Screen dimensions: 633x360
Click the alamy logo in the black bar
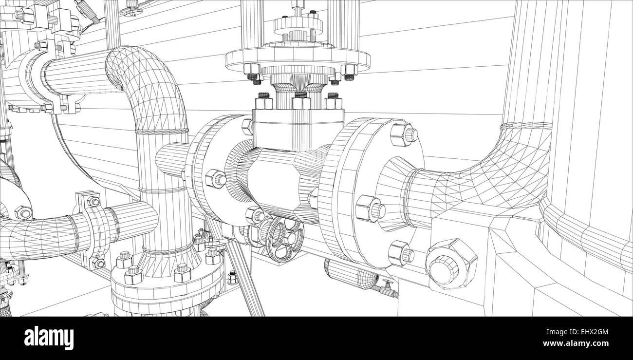[x=49, y=339]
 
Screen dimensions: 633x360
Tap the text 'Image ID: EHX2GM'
[x=577, y=332]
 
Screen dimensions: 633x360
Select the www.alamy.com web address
[x=576, y=343]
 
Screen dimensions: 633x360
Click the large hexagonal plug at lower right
[x=451, y=264]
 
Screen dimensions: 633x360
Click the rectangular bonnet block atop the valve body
[x=298, y=129]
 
